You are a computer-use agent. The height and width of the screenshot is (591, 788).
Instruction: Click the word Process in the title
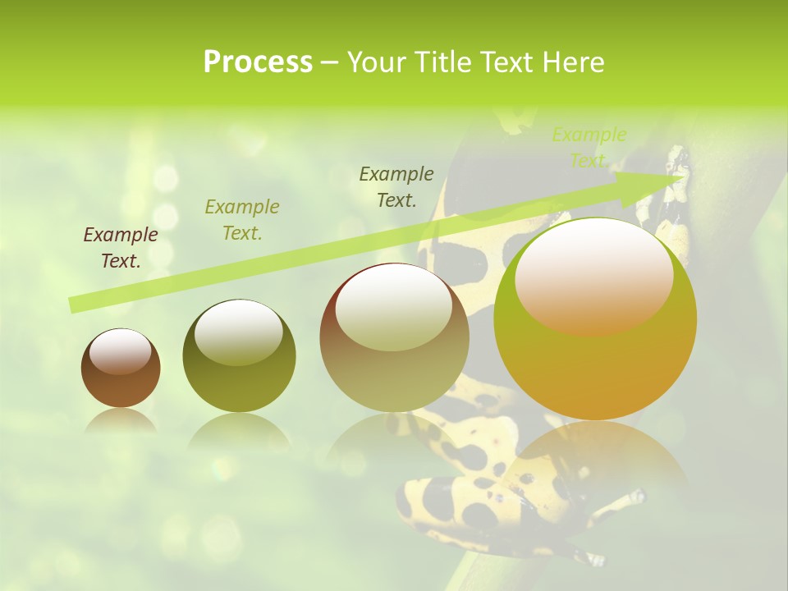point(258,62)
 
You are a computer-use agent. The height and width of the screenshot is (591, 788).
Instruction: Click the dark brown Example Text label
point(121,248)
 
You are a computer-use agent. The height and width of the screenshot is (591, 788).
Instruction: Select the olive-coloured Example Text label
point(242,220)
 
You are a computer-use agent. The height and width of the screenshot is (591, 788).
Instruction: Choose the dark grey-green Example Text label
point(396,187)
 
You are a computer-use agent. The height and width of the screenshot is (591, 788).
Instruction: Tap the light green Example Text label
point(589,148)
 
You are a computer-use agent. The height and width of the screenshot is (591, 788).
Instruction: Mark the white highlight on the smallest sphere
point(120,352)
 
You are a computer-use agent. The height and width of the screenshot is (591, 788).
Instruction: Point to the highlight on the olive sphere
point(238,332)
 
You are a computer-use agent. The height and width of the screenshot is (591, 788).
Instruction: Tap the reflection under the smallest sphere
point(121,421)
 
